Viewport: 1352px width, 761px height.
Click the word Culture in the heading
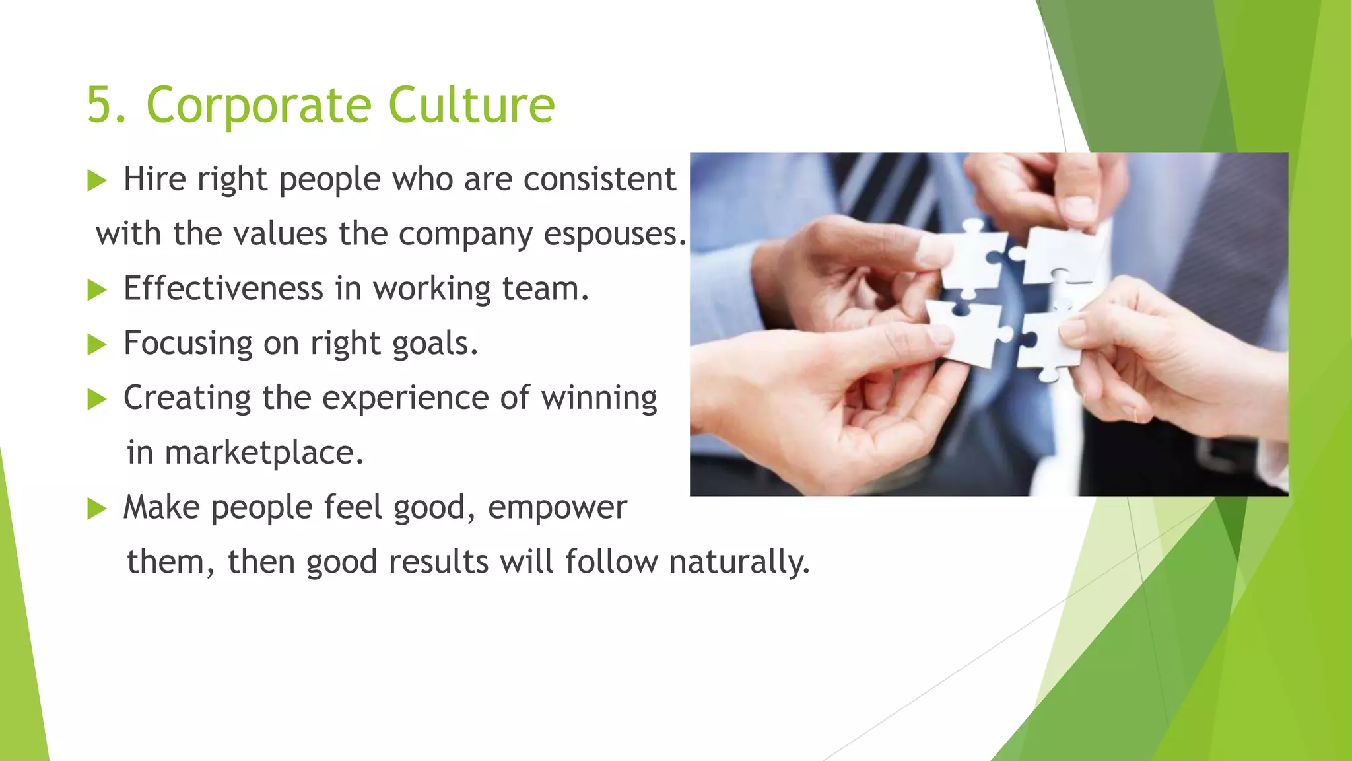(x=471, y=105)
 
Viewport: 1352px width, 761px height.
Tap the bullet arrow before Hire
(x=97, y=180)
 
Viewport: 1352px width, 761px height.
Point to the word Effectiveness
(x=223, y=289)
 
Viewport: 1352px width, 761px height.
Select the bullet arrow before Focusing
(x=97, y=344)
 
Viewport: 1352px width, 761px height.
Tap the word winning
(x=599, y=398)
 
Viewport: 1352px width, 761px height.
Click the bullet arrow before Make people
(x=97, y=509)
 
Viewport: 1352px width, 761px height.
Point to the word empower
(x=557, y=508)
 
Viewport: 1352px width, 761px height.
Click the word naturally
(x=739, y=563)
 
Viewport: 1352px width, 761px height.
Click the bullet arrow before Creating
(x=97, y=399)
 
